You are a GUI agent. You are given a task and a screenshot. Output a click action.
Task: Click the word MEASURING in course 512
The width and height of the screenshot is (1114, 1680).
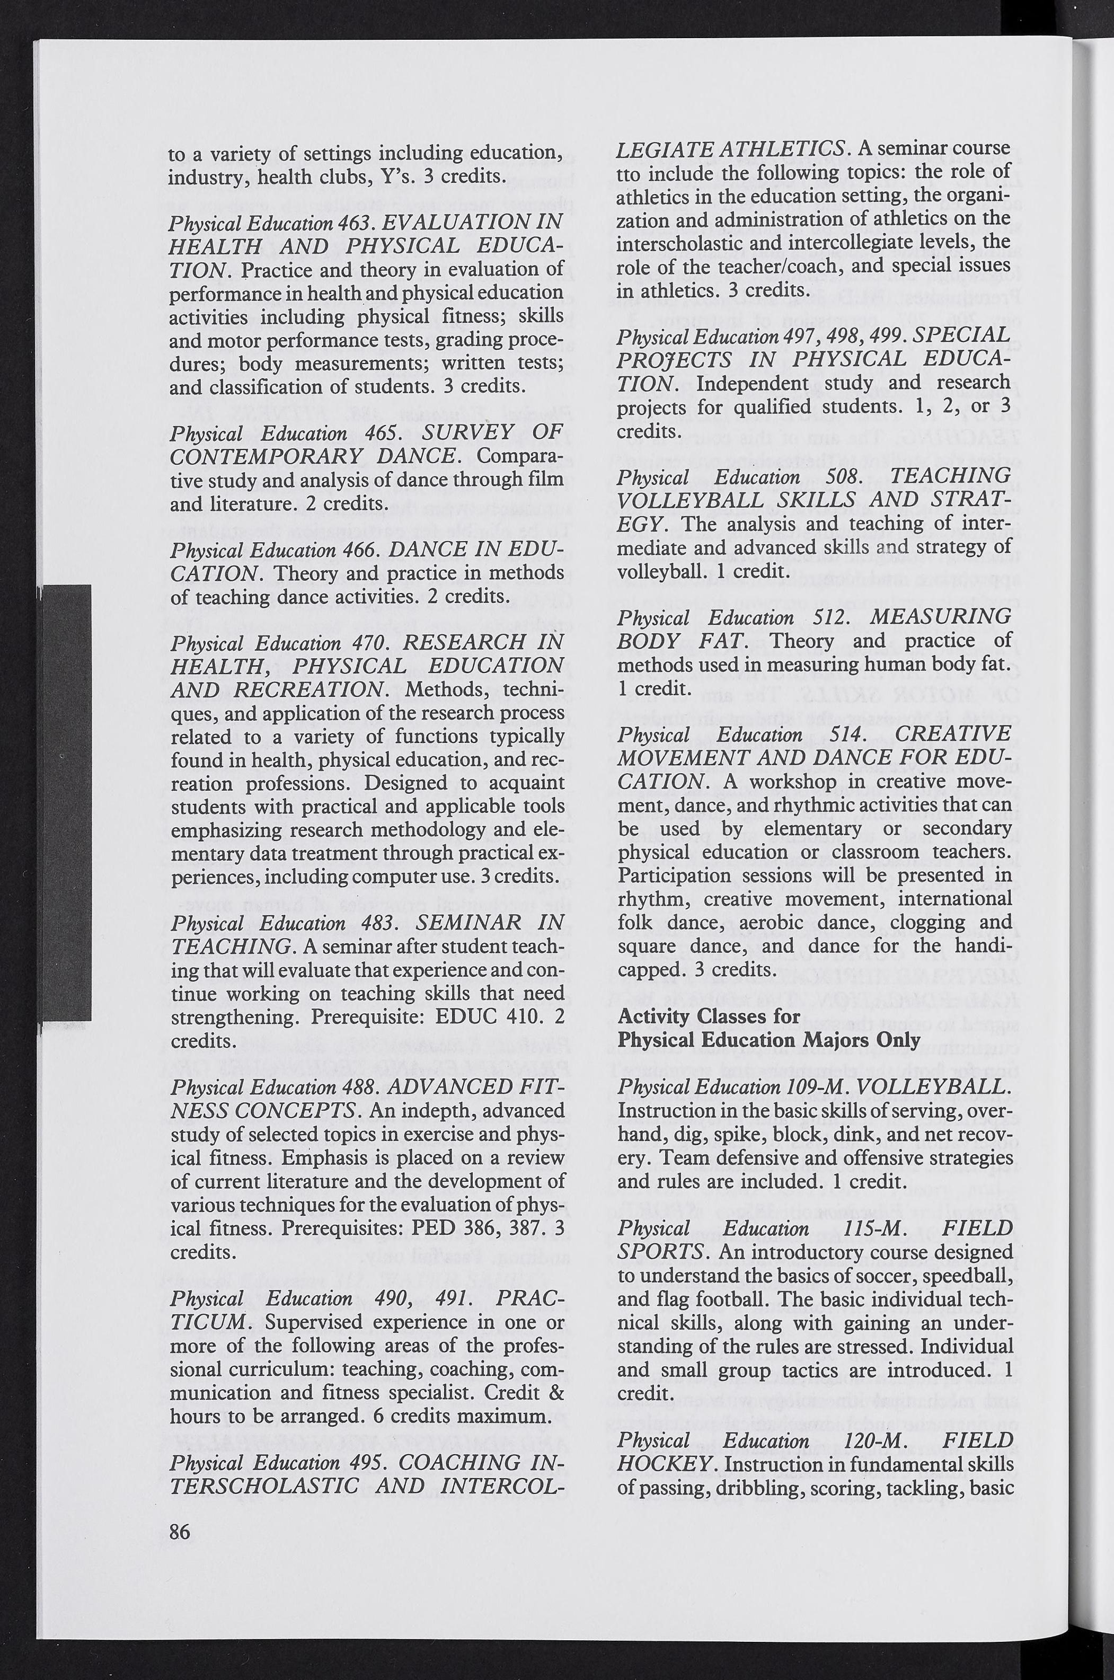(x=940, y=616)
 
